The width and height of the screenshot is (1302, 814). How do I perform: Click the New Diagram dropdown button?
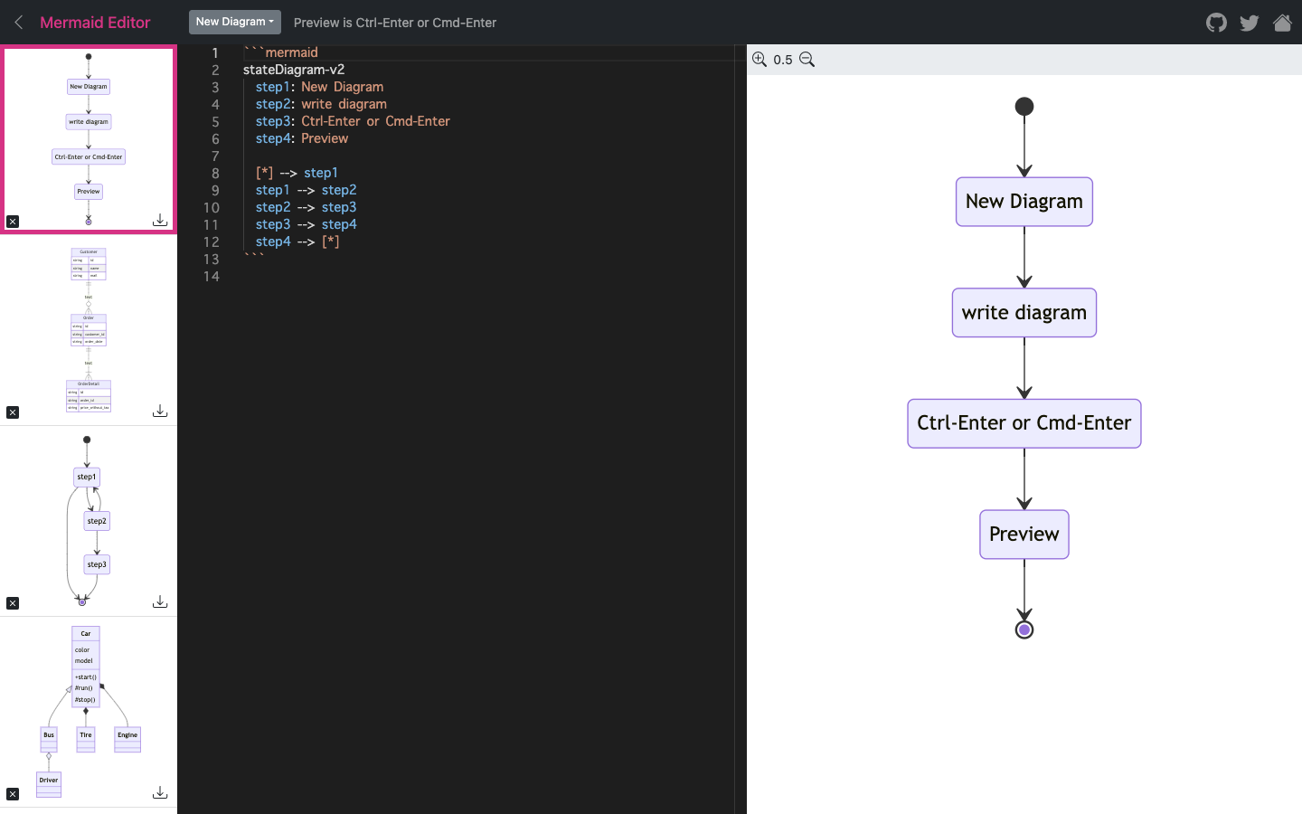[234, 22]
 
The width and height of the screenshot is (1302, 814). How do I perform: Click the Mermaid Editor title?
[95, 23]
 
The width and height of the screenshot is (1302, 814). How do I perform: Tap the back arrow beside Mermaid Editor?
[19, 23]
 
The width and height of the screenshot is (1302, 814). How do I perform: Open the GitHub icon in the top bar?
[1216, 23]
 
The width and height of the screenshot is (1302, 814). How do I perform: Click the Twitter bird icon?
[1250, 23]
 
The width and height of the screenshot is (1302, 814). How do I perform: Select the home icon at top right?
[1282, 23]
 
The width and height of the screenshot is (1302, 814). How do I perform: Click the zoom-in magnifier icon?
[759, 60]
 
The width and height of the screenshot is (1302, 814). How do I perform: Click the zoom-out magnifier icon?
[807, 60]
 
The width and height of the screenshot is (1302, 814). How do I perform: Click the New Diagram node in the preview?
[1024, 202]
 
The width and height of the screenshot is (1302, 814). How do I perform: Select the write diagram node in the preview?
[1024, 313]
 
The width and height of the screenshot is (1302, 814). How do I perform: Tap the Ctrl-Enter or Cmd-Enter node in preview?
[1024, 423]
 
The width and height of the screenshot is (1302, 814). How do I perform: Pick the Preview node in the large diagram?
[1024, 535]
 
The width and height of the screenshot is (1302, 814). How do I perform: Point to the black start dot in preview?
[1024, 107]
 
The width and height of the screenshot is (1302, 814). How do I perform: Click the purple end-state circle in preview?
[1024, 629]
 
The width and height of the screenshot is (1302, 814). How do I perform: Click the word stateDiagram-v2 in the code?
[294, 70]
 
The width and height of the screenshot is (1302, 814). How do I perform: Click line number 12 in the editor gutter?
[211, 241]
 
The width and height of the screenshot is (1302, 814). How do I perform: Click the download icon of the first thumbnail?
[160, 221]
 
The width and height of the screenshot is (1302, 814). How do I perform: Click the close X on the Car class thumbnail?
[13, 794]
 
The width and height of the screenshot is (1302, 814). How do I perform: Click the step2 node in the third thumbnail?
[97, 521]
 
